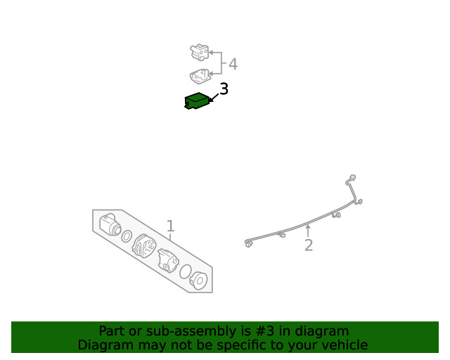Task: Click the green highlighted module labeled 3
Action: click(196, 101)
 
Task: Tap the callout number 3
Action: click(224, 89)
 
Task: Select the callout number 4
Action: click(233, 65)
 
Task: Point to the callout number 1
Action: click(170, 226)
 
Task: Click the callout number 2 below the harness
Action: click(308, 245)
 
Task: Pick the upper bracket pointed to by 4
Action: click(200, 52)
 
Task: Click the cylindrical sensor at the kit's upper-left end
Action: click(110, 224)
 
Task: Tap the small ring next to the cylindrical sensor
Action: click(127, 236)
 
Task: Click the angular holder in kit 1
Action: click(169, 260)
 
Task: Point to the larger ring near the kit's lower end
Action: click(186, 272)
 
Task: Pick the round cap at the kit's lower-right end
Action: click(199, 281)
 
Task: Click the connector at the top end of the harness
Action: click(352, 179)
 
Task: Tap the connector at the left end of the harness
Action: click(249, 244)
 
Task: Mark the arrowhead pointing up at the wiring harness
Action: click(307, 227)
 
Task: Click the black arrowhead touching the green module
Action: click(210, 100)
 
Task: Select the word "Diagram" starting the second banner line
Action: click(104, 345)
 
